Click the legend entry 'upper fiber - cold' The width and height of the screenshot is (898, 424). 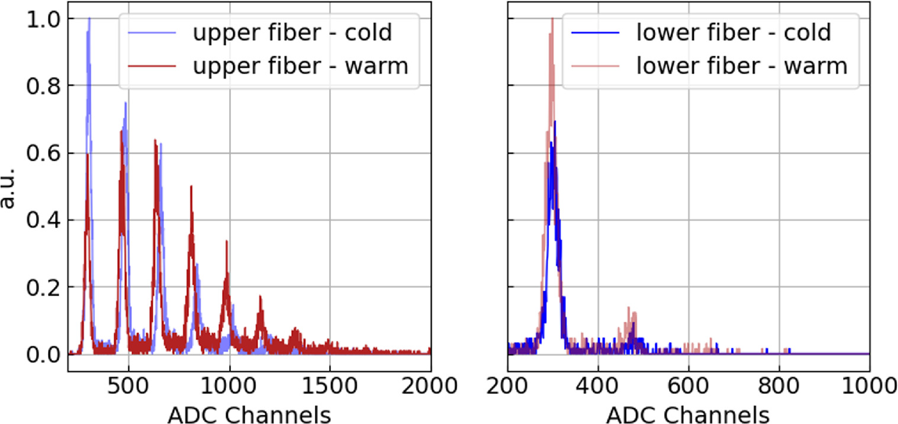(x=292, y=33)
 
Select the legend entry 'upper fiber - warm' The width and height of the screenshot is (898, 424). (x=300, y=67)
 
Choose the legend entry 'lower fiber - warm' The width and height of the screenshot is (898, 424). (x=741, y=67)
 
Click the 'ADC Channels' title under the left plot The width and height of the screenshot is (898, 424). (x=249, y=413)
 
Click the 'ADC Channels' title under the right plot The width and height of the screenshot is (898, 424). (x=688, y=413)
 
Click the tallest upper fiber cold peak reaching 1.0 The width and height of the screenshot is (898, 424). (x=89, y=19)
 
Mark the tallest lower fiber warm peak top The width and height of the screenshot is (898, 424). (x=552, y=19)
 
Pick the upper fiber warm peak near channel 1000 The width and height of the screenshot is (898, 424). (x=226, y=242)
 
